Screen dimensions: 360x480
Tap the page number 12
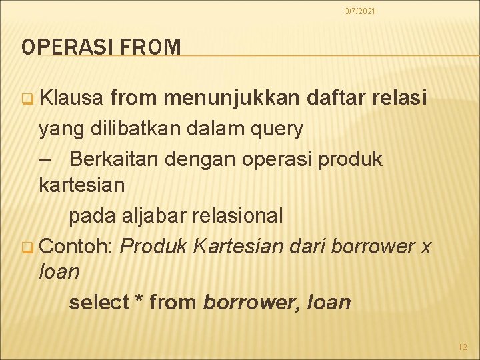pyautogui.click(x=463, y=347)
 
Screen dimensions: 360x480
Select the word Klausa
pyautogui.click(x=71, y=100)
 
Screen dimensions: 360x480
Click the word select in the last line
pyautogui.click(x=98, y=303)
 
